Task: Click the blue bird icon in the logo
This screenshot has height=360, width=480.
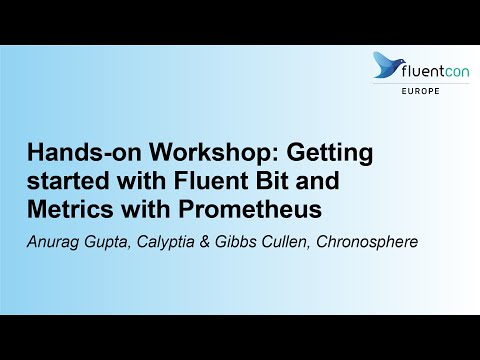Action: pyautogui.click(x=384, y=63)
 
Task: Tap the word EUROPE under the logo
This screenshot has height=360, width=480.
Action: pyautogui.click(x=428, y=90)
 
